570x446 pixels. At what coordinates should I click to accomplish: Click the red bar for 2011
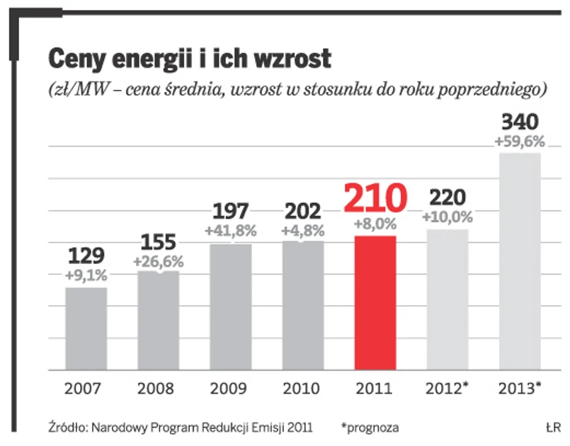coord(375,302)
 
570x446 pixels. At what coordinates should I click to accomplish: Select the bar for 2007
coord(86,328)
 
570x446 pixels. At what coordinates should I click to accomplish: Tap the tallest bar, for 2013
coord(520,261)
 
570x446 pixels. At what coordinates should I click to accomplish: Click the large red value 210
coord(375,198)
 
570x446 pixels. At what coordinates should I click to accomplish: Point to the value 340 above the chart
coord(520,121)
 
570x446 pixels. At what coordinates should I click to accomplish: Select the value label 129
coord(86,255)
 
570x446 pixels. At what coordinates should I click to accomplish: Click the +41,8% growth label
coord(231,230)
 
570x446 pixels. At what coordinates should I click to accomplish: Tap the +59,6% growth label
coord(520,141)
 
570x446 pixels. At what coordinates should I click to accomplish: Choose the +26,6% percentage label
coord(159,261)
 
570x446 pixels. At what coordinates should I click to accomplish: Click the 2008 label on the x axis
coord(159,389)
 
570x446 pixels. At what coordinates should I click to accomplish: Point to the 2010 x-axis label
coord(302,389)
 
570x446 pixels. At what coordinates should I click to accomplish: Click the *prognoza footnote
coord(369,427)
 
